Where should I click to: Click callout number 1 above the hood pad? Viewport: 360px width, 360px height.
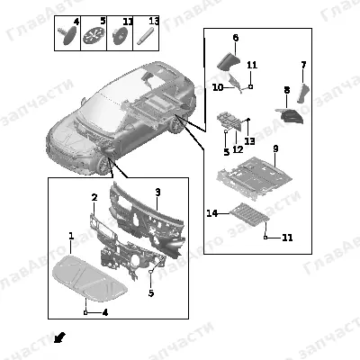coord(71,236)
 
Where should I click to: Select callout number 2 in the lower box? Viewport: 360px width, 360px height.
coord(94,197)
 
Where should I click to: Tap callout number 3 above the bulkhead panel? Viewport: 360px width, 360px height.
coord(157,193)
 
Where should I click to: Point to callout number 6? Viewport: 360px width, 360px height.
coord(236,38)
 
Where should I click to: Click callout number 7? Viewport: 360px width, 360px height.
coord(303,65)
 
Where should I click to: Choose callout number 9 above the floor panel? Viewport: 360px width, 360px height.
coord(275,148)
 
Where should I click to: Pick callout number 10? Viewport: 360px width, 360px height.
coord(218,87)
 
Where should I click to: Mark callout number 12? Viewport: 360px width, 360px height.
coord(238,149)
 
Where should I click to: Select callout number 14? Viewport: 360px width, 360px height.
coord(212,213)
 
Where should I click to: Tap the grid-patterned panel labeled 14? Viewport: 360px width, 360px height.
coord(249,215)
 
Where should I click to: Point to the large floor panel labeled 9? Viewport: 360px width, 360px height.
coord(255,179)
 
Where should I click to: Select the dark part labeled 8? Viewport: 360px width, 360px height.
coord(291,116)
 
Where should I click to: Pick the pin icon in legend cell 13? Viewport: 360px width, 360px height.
coord(145,36)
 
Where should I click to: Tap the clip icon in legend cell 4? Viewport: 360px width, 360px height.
coord(69,35)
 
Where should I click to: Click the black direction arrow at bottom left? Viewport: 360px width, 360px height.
coord(59,337)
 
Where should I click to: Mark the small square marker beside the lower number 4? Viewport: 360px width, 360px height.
coord(85,313)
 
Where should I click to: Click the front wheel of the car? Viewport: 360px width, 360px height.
coord(104,166)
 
